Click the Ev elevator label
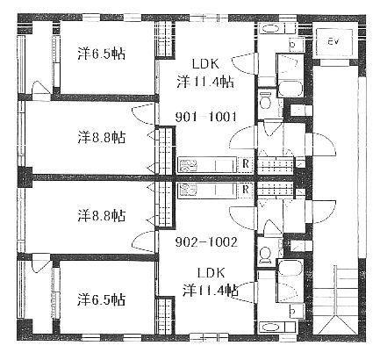(333, 42)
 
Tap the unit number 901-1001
(205, 117)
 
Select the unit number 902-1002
(206, 242)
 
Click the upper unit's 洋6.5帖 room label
(102, 54)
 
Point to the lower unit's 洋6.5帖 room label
(102, 299)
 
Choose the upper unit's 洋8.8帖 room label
(102, 137)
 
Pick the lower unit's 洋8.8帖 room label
(102, 216)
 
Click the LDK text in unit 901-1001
(205, 64)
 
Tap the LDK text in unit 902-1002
(212, 273)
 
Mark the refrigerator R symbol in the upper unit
(246, 164)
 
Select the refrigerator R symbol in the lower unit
(246, 190)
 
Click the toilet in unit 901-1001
(267, 100)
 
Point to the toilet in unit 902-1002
(267, 254)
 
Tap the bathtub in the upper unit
(290, 89)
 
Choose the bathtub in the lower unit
(290, 267)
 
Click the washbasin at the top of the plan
(270, 29)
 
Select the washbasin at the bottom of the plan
(270, 326)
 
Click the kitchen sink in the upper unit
(185, 165)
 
